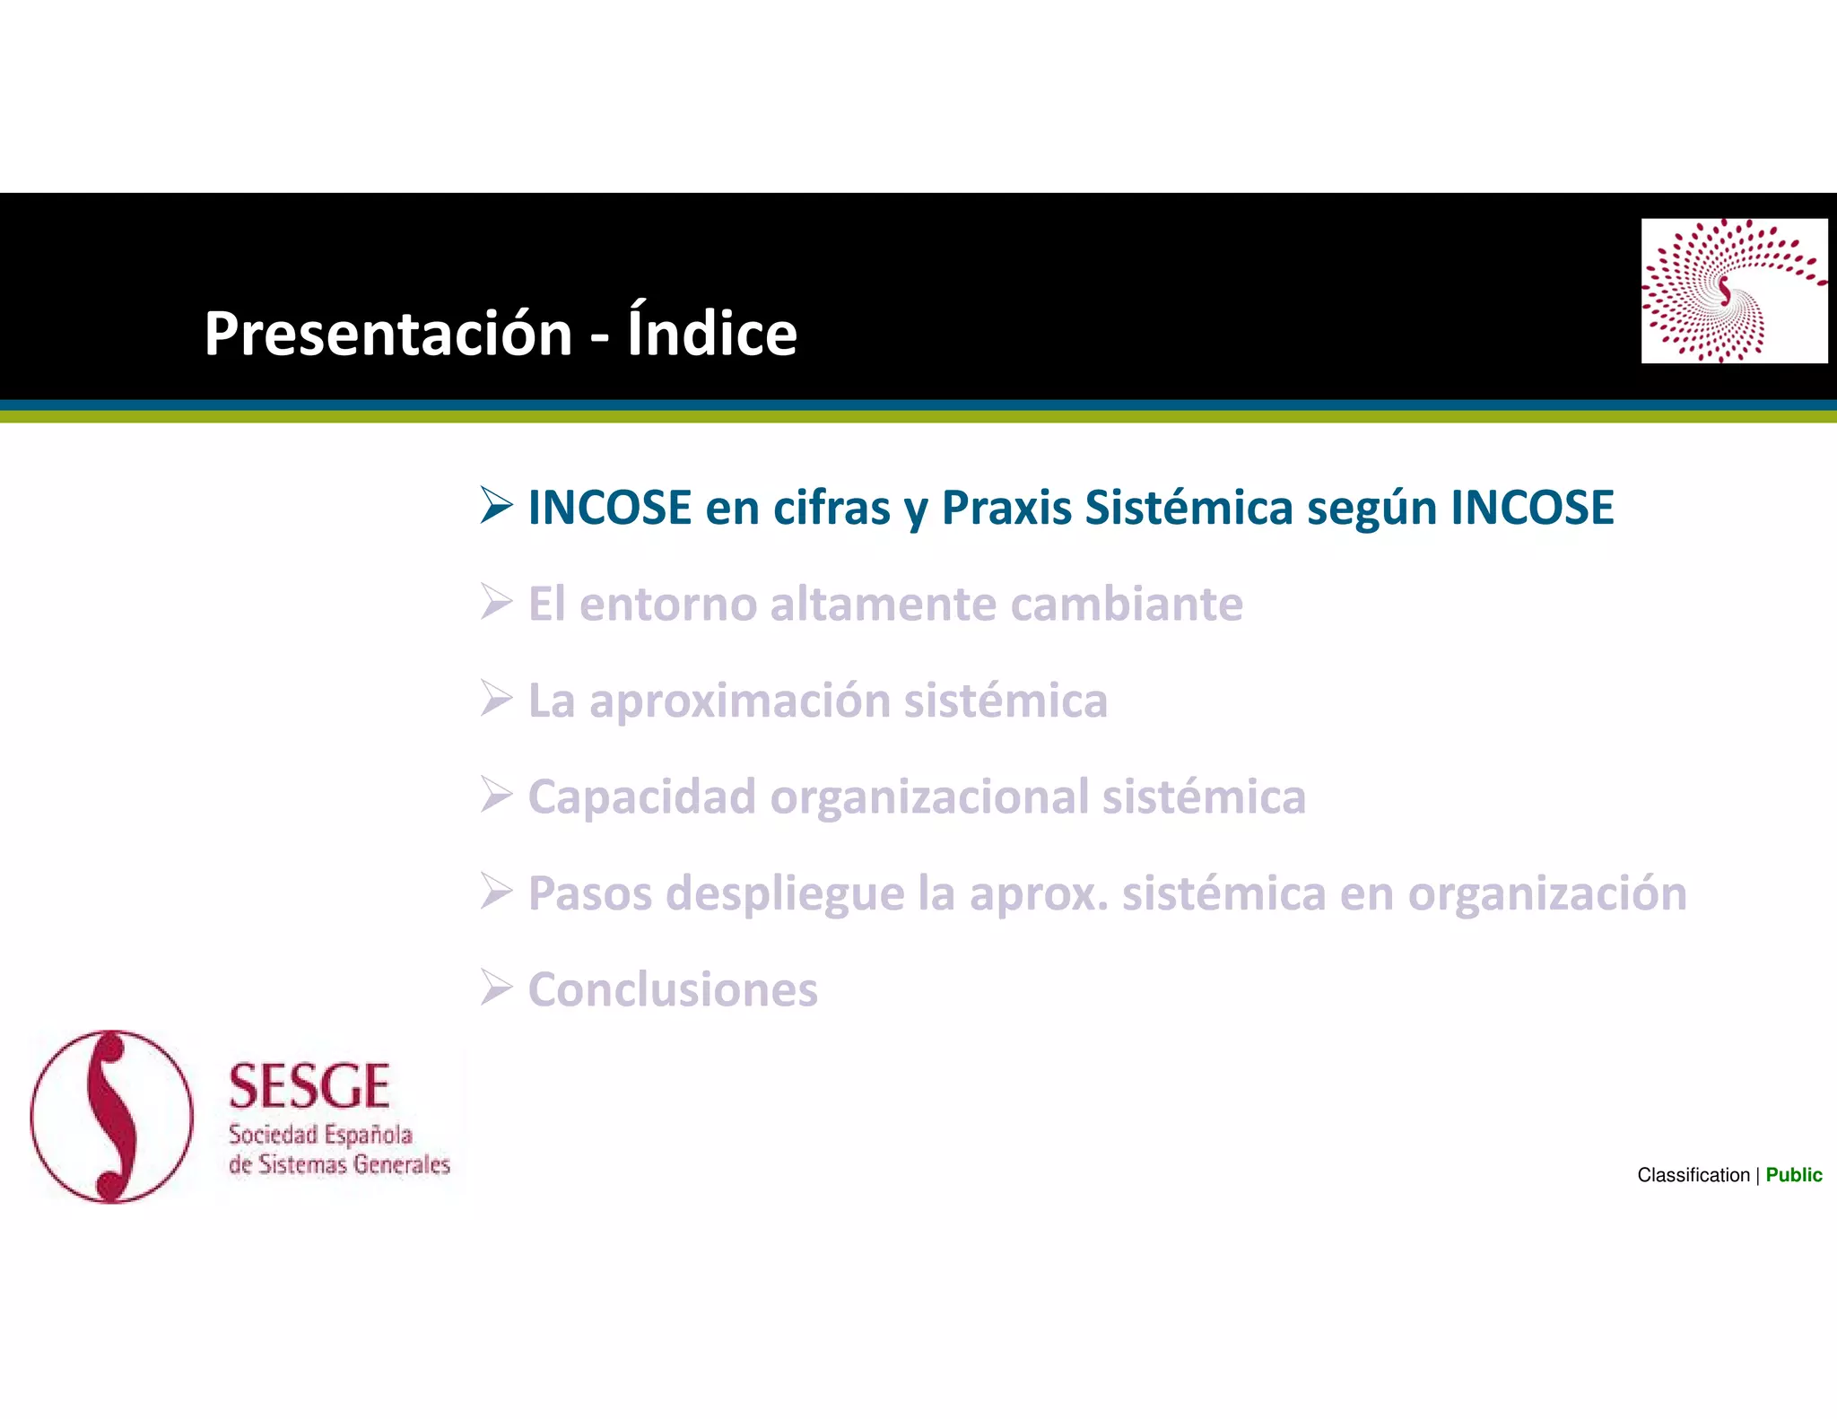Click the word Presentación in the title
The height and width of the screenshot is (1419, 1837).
click(387, 334)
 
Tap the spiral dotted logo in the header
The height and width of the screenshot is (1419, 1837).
click(1733, 291)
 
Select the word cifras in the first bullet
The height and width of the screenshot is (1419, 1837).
click(831, 508)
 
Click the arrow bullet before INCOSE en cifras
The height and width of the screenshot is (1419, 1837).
click(496, 505)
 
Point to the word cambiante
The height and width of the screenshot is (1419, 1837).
click(1127, 604)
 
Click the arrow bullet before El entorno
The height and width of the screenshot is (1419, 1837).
click(496, 602)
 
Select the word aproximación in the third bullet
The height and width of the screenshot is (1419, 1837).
click(738, 701)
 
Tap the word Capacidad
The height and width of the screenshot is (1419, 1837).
click(641, 797)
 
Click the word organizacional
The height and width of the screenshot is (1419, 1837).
click(928, 797)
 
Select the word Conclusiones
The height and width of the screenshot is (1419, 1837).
click(673, 990)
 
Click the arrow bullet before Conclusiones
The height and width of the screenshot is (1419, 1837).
click(496, 988)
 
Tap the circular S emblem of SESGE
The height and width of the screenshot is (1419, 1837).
click(112, 1116)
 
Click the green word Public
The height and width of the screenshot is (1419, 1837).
click(1793, 1175)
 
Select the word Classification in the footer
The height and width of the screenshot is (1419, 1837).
click(1693, 1175)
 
